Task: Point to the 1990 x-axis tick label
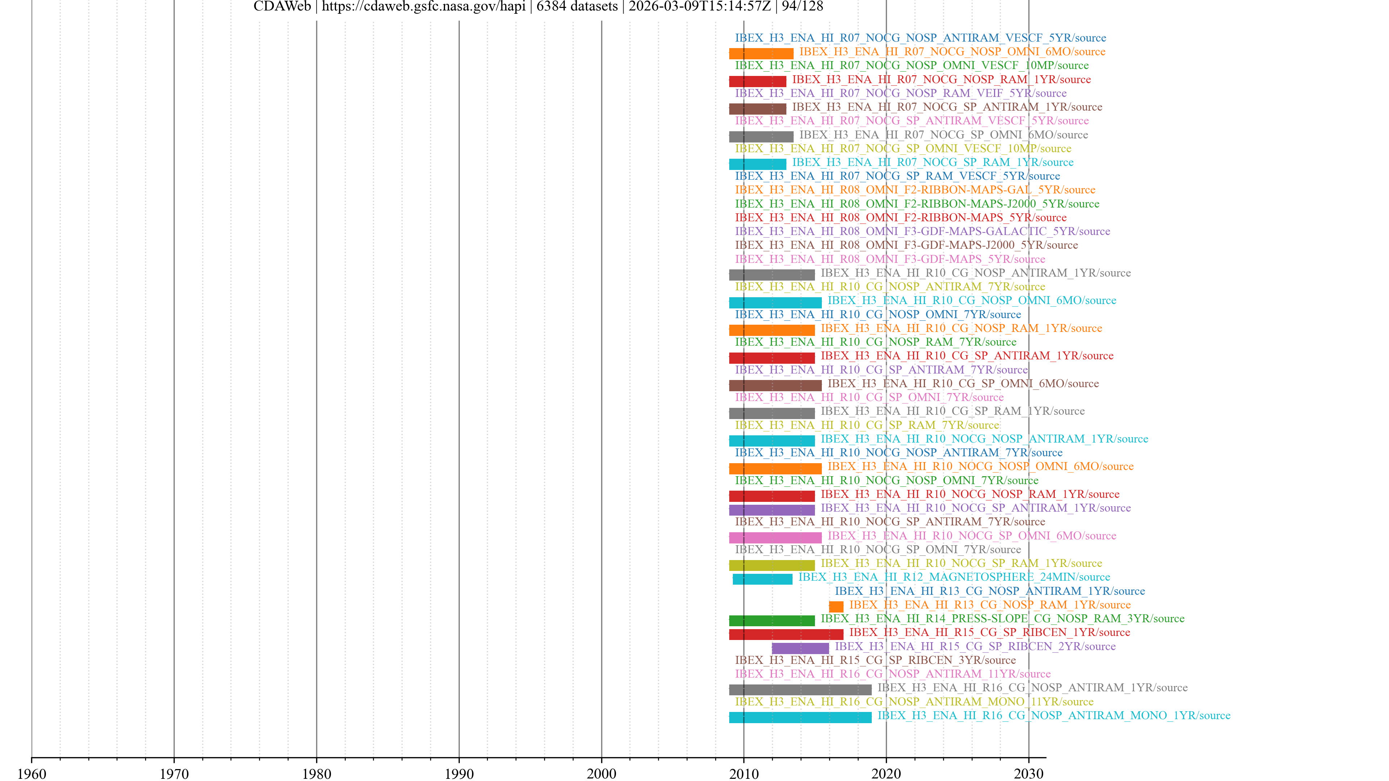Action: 459,773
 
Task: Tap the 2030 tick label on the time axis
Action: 1028,773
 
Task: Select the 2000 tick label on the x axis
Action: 601,773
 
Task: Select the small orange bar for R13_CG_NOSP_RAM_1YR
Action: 836,606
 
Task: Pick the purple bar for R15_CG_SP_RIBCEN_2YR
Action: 800,648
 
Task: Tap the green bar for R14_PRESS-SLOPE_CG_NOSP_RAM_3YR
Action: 772,620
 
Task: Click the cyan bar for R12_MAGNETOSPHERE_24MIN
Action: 763,579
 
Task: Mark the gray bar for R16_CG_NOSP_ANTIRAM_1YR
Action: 800,690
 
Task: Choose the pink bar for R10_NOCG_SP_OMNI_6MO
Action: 775,537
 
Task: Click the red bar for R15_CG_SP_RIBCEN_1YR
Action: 786,634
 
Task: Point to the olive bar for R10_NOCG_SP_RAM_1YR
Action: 772,565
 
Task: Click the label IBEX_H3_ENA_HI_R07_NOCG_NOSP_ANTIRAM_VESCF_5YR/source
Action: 920,38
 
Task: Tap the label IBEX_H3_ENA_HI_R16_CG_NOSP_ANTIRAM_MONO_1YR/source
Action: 1054,715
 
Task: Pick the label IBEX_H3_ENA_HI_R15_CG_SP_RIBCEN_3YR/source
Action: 875,660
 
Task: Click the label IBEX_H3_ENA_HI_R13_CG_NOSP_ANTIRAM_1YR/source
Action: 989,591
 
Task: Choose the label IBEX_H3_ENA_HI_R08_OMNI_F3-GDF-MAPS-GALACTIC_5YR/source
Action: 922,231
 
